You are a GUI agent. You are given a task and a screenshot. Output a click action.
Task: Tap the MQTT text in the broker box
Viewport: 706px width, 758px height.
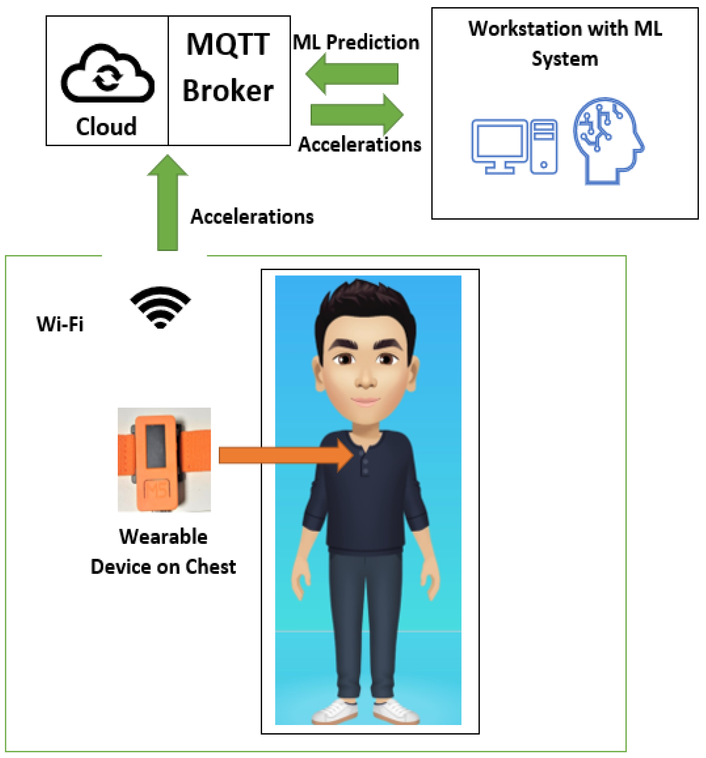click(x=228, y=45)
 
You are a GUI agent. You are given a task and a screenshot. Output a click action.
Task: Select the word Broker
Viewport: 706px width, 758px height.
click(x=228, y=91)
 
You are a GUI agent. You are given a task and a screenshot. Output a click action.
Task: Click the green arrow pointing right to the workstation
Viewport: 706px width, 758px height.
click(x=356, y=114)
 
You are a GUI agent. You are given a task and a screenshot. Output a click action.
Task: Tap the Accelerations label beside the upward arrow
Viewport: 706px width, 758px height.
click(x=252, y=217)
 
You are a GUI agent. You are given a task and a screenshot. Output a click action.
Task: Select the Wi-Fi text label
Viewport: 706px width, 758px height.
click(x=60, y=324)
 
